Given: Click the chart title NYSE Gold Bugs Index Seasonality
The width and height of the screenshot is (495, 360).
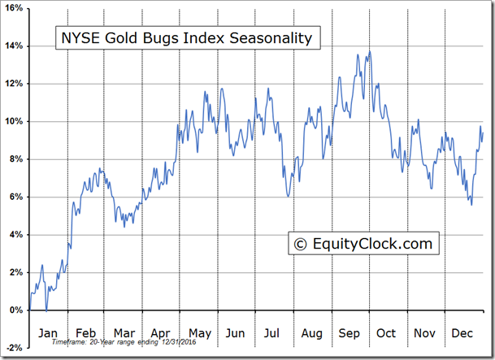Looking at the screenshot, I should click(184, 37).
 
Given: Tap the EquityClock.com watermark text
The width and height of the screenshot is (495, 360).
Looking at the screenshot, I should click(363, 243).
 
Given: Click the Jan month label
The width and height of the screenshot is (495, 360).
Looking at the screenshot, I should click(47, 333).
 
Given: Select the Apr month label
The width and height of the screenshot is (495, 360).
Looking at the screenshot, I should click(160, 333).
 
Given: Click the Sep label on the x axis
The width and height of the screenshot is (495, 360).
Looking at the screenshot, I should click(349, 333).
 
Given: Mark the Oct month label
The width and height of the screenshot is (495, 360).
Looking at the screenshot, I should click(386, 333).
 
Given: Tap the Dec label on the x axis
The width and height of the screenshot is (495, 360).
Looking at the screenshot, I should click(462, 333).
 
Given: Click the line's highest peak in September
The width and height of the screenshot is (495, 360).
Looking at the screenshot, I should click(370, 52).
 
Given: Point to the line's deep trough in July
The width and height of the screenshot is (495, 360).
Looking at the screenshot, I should click(288, 196).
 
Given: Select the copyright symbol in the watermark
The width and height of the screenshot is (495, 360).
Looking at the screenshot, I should click(299, 243).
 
